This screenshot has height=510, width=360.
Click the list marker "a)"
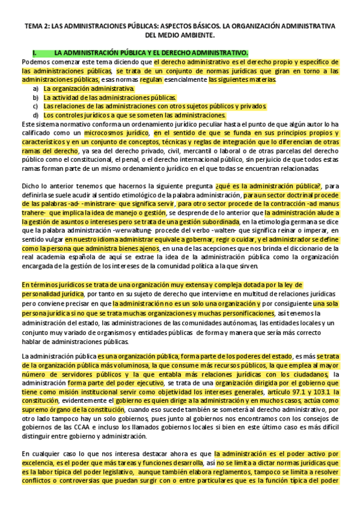(x=36, y=88)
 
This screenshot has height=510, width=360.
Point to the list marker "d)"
(x=36, y=115)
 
